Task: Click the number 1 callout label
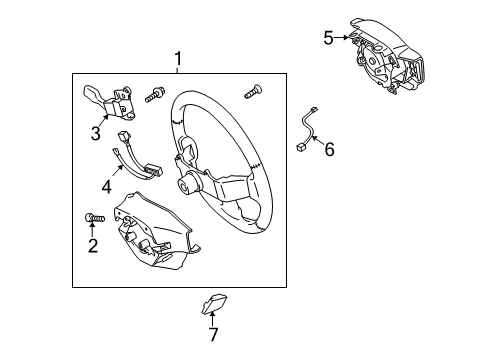coord(178,61)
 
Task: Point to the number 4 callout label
coord(106,185)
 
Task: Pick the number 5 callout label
coord(328,38)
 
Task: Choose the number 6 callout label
coord(328,149)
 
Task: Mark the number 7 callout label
coord(211,333)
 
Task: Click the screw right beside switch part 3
coord(155,96)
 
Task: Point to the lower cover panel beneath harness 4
coord(150,240)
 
